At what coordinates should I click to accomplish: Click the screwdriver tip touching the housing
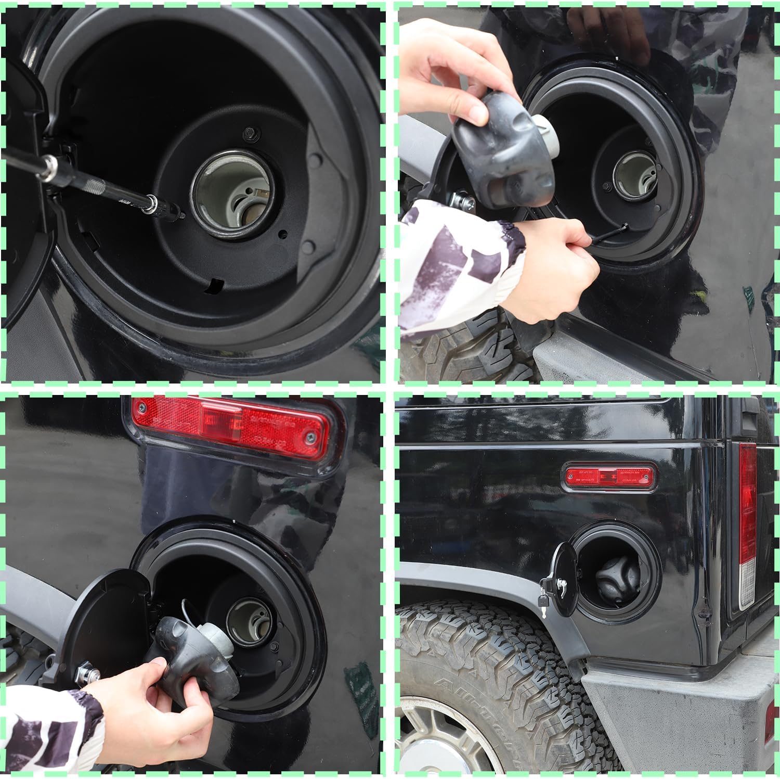(x=182, y=215)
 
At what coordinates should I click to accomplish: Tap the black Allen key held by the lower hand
(x=608, y=232)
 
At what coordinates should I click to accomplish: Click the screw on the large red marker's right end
(x=311, y=436)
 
